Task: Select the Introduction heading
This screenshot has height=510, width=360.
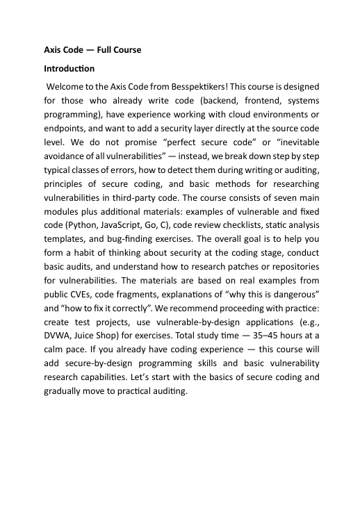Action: [x=69, y=69]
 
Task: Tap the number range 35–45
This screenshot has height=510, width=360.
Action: [x=265, y=351]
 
